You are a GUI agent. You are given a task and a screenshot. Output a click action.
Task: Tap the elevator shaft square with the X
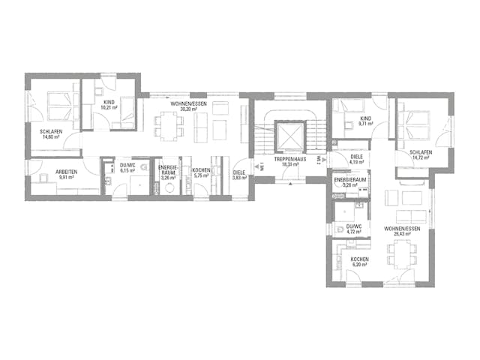(x=288, y=136)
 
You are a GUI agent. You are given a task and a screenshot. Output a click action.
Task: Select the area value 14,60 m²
(x=51, y=137)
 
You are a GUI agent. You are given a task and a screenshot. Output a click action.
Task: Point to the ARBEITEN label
(x=67, y=172)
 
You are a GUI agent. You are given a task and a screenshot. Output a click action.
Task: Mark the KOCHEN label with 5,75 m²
(x=200, y=171)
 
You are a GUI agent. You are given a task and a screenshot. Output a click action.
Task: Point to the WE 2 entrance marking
(x=318, y=160)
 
